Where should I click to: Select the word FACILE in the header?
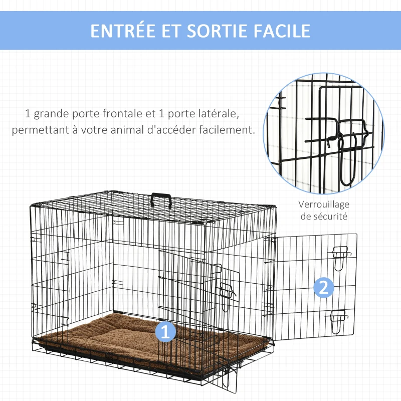click(x=279, y=31)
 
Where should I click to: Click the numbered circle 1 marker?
click(x=166, y=331)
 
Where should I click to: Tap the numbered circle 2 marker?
click(x=323, y=288)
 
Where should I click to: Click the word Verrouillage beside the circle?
click(x=324, y=205)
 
